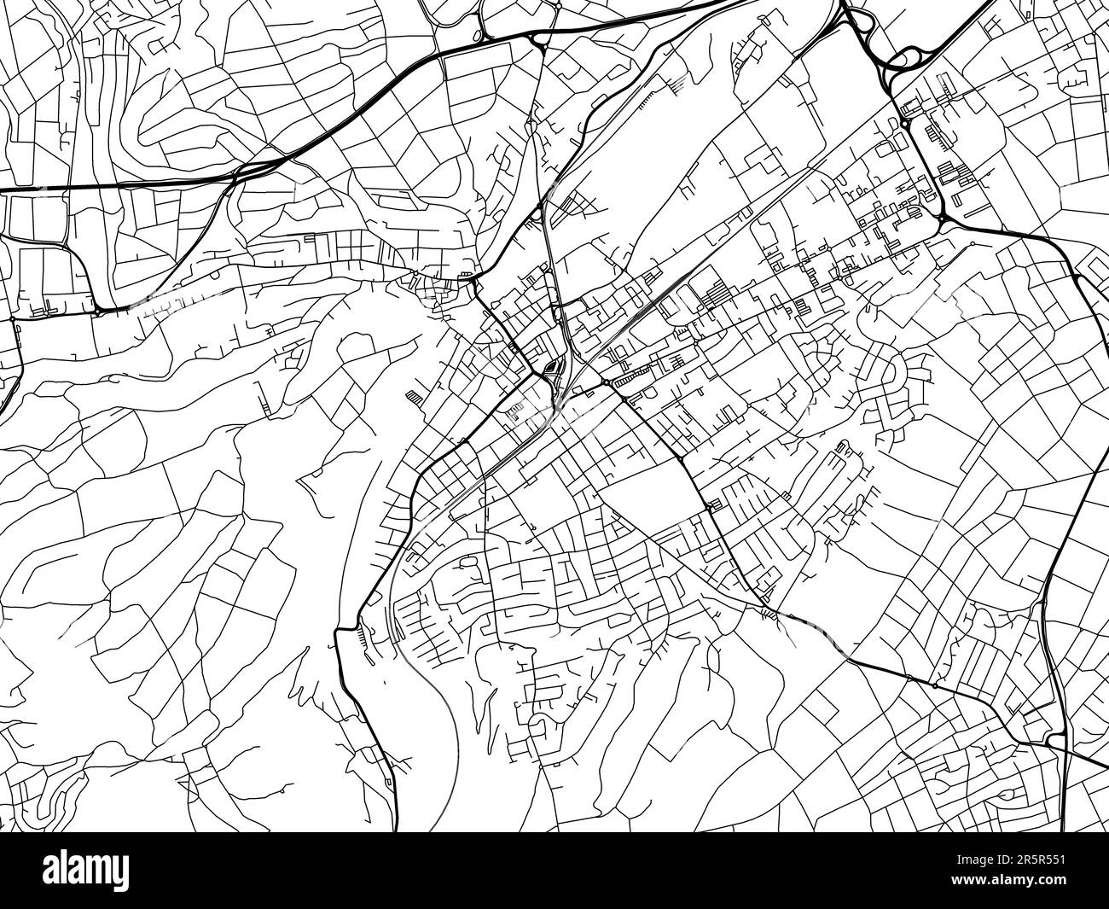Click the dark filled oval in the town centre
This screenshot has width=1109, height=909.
(551, 369)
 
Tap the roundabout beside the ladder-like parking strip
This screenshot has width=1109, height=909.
(606, 384)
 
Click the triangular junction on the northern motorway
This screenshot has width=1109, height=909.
(537, 38)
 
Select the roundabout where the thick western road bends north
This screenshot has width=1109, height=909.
(99, 312)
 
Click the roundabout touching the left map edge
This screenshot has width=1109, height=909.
(12, 319)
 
